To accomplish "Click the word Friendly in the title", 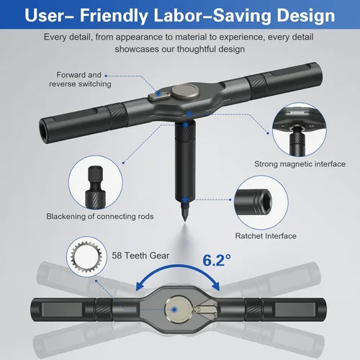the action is pos(114,16).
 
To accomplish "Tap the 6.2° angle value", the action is pos(217,261).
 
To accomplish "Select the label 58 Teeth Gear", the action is pos(140,256).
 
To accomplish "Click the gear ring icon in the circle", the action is pos(86,256).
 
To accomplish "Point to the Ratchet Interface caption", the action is pos(266,236).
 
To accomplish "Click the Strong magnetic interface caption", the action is pos(300,164).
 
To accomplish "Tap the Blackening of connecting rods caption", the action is pos(100,217).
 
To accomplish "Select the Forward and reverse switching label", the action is pos(80,79).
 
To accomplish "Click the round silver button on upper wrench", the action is pos(185,91).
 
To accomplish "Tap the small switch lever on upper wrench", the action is pos(159,96).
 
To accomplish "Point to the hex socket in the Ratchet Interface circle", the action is pos(266,202).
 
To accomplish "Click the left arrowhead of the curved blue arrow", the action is pos(140,286).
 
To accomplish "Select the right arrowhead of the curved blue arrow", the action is pos(215,286).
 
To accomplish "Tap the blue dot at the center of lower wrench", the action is pos(174,310).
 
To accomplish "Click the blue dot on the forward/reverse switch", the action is pos(158,94).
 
